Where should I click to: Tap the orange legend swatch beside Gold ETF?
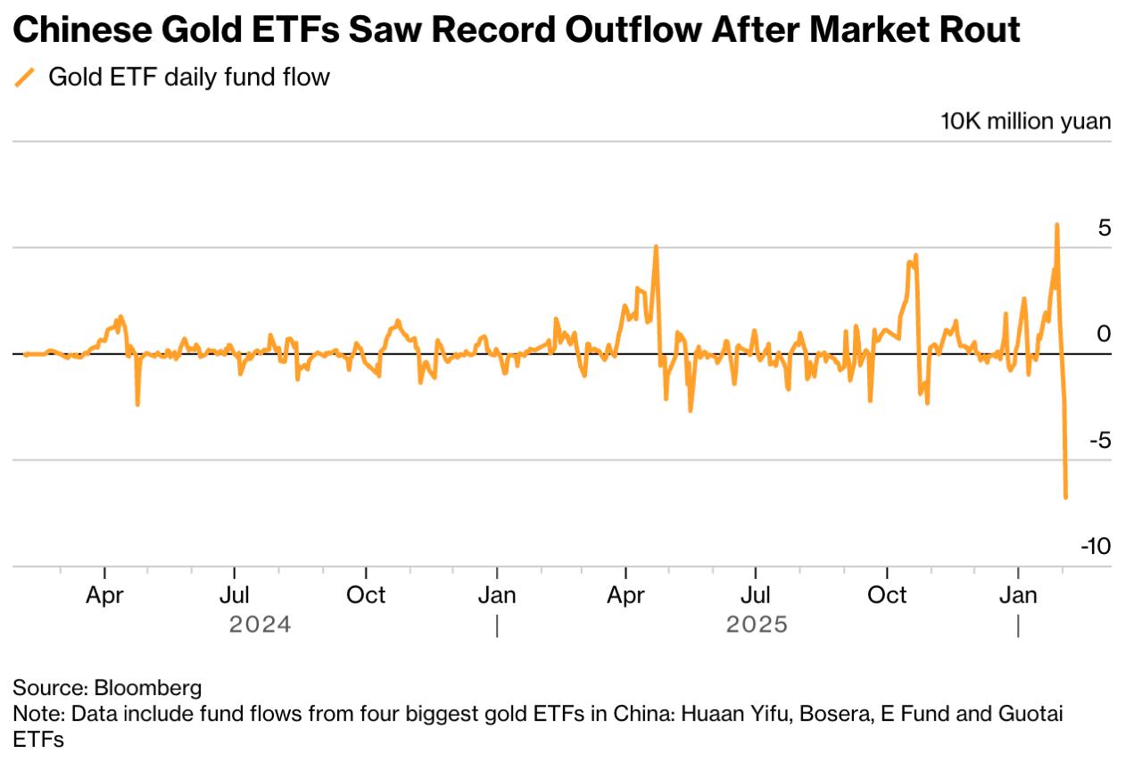coord(25,78)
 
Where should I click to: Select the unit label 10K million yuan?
coord(1026,121)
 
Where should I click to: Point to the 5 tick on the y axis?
coord(1105,228)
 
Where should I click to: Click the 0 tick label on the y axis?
coord(1105,334)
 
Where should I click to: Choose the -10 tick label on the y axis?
coord(1096,546)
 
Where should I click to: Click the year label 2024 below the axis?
coord(260,624)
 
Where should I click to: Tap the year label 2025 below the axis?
coord(757,624)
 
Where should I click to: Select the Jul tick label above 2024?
coord(234,595)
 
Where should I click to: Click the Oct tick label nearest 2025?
coord(887,595)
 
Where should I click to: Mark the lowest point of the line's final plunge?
coord(1065,497)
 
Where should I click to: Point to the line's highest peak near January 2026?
coord(1057,225)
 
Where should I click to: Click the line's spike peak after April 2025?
coord(656,246)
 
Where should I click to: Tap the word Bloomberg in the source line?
coord(148,688)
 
